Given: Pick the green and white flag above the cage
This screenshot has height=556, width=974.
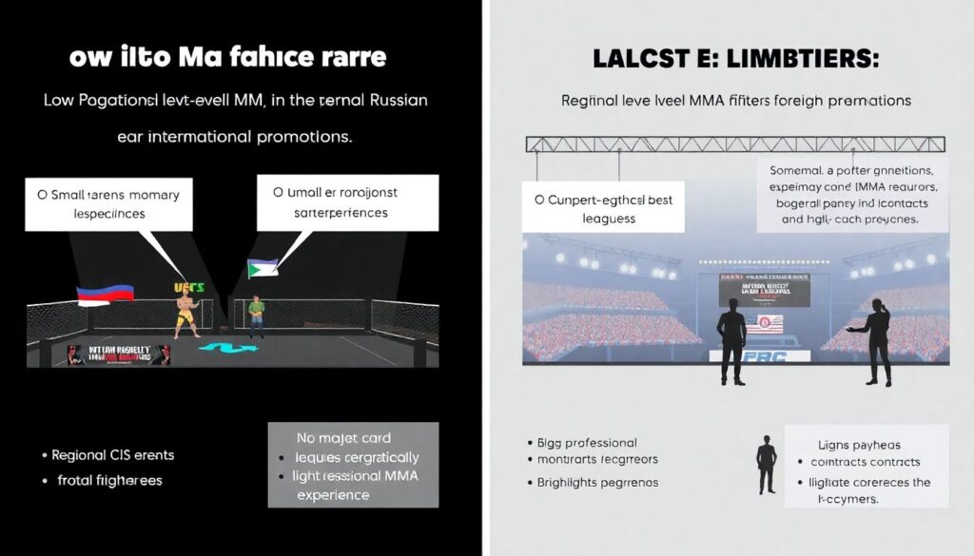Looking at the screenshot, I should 263,268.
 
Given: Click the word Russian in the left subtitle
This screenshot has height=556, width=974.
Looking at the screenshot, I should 392,100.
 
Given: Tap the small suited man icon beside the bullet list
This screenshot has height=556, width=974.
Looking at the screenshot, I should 766,465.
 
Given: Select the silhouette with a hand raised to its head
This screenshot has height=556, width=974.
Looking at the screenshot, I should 876,341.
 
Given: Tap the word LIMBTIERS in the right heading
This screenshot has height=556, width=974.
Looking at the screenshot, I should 807,57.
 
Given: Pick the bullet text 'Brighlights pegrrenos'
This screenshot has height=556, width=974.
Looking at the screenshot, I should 591,482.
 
